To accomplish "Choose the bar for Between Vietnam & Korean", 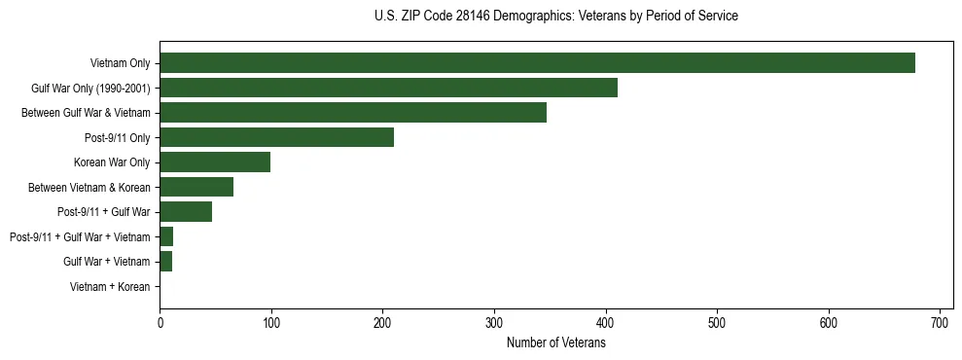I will (x=196, y=187).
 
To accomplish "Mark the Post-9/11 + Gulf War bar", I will (x=186, y=212).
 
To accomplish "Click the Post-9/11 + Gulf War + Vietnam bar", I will (x=166, y=236).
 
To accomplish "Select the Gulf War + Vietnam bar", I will (x=165, y=262).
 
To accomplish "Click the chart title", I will (x=555, y=17).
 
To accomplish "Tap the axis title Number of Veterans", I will (x=555, y=343).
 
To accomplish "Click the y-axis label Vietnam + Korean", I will (x=110, y=287).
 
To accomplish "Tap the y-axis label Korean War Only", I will (x=112, y=162).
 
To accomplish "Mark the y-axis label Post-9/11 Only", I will (x=118, y=138).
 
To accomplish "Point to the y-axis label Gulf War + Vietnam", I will (x=107, y=262).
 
